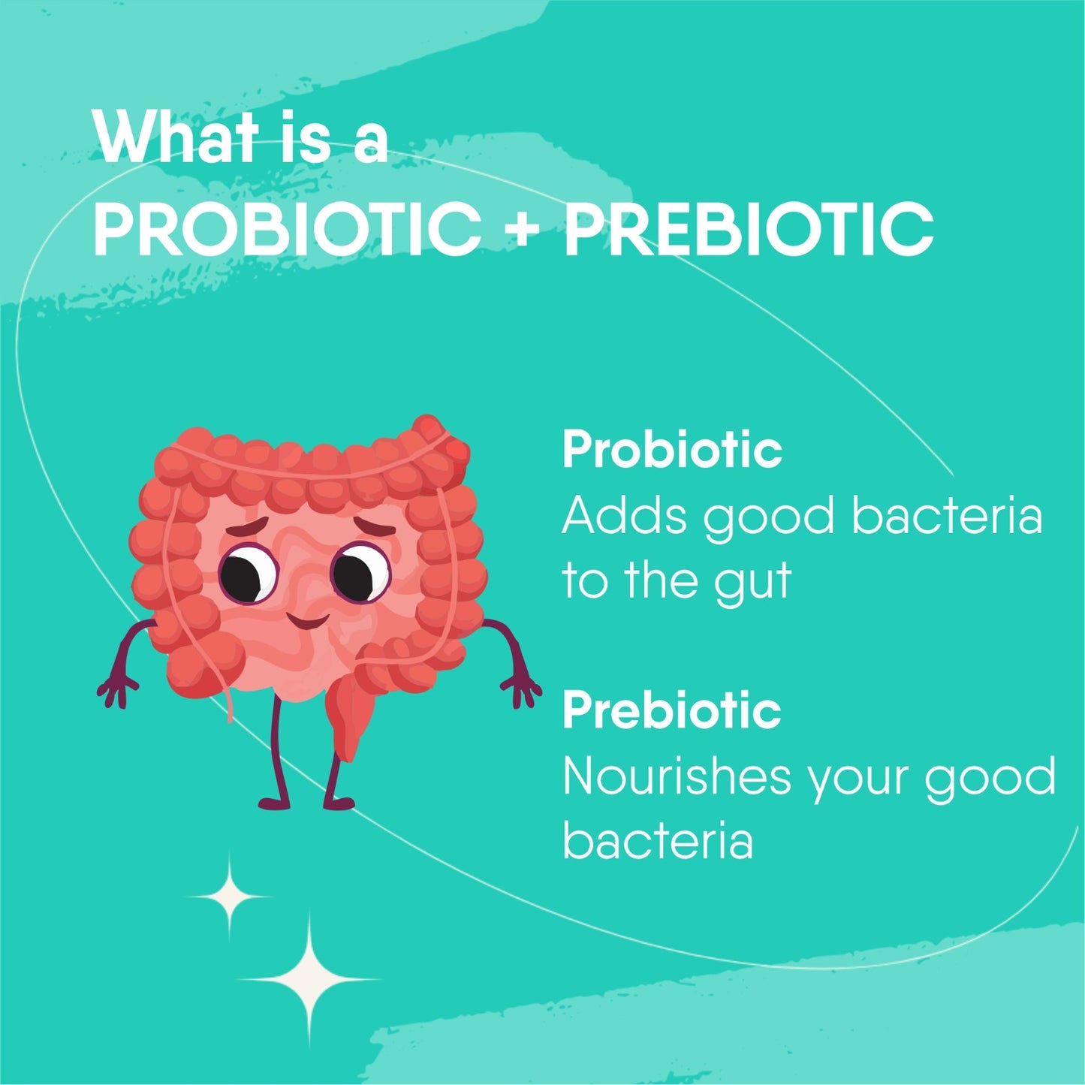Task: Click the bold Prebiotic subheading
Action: click(x=672, y=710)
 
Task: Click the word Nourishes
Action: click(x=677, y=776)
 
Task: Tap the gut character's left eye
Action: click(x=248, y=573)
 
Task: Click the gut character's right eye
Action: click(x=360, y=573)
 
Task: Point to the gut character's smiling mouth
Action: click(x=307, y=621)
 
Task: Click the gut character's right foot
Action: click(x=339, y=803)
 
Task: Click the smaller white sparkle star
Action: click(x=228, y=895)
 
